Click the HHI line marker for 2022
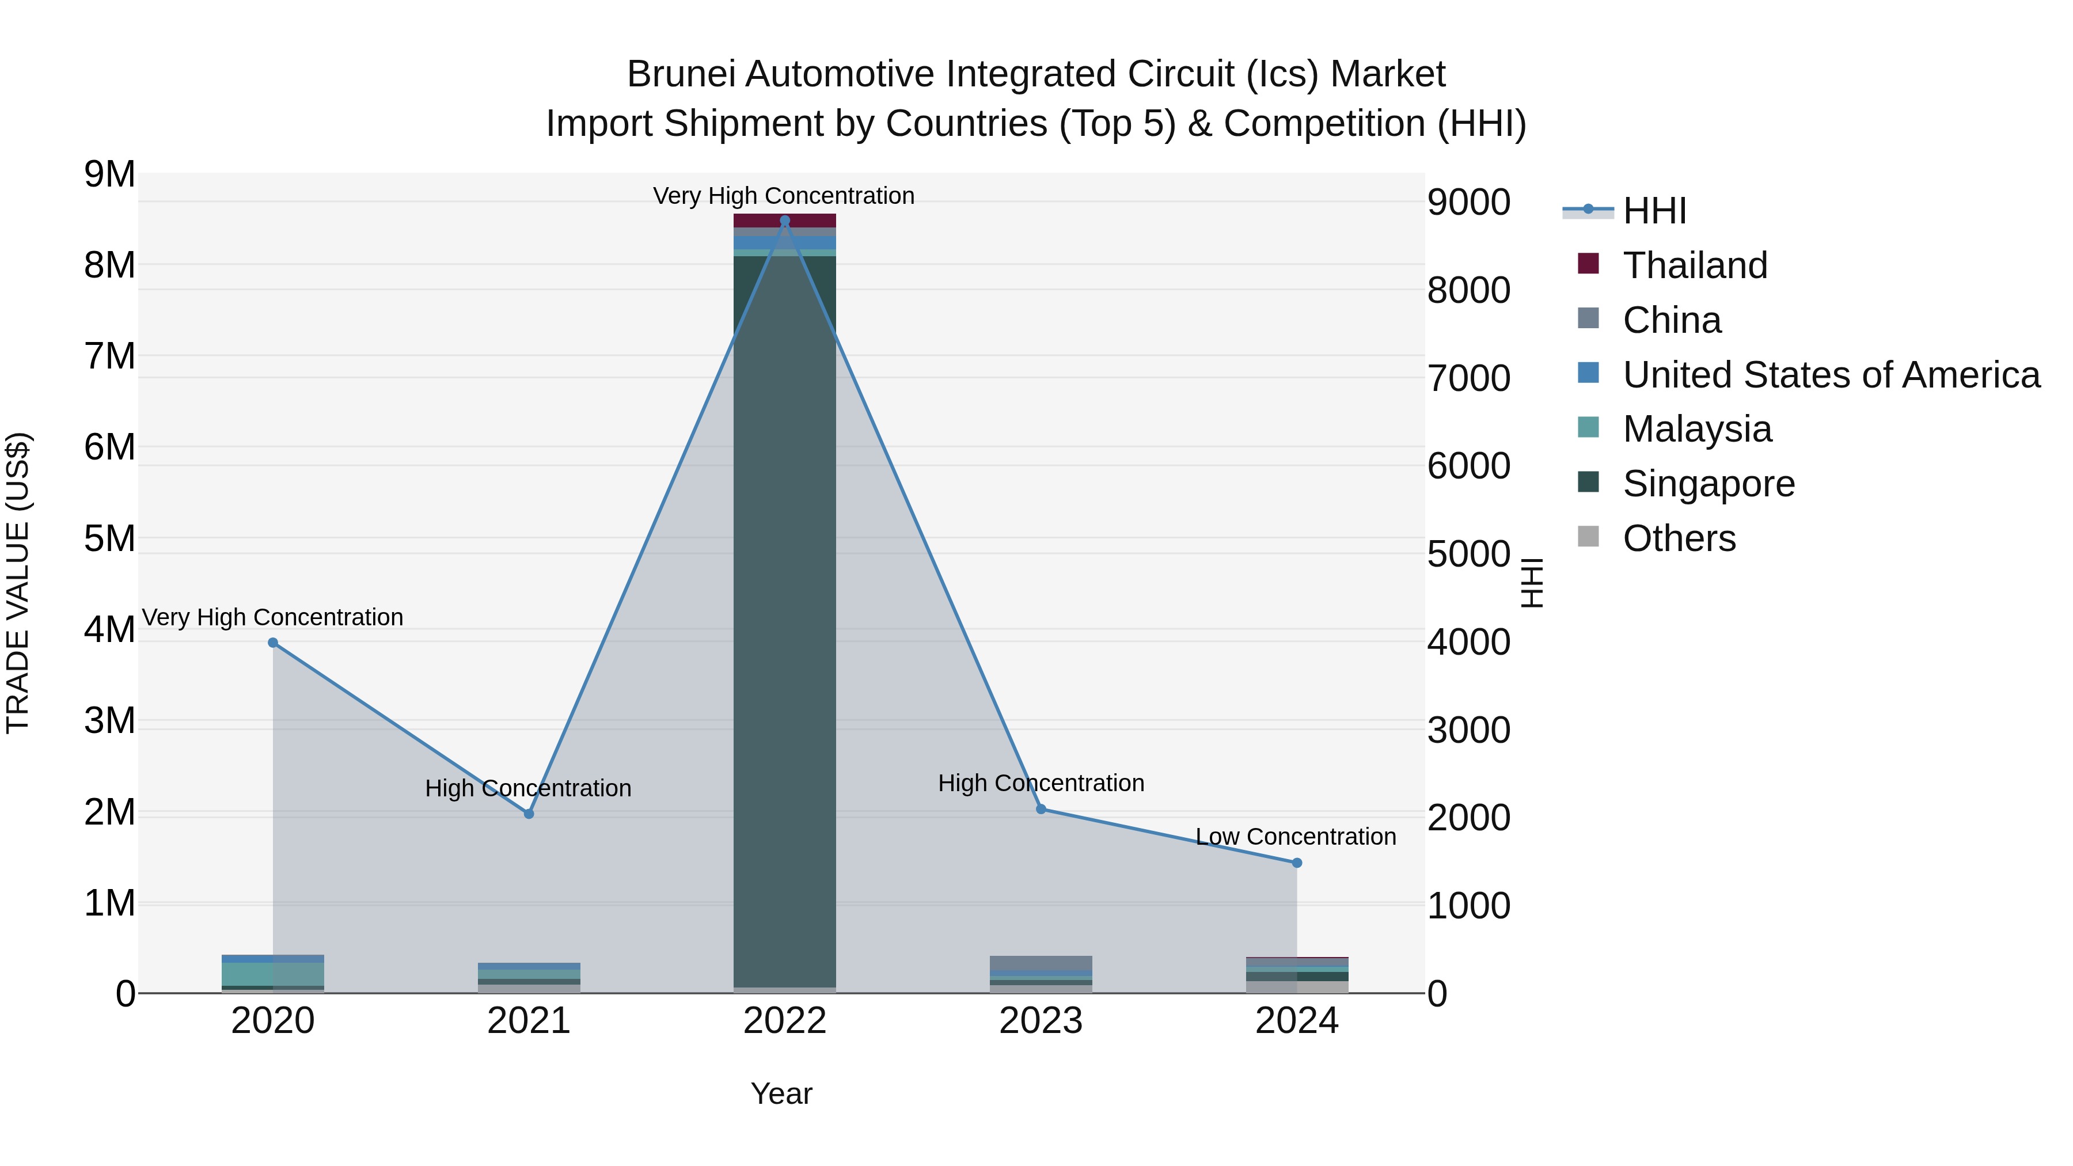tap(785, 221)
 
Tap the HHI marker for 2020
tap(273, 642)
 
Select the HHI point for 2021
tap(529, 814)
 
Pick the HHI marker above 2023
tap(1041, 809)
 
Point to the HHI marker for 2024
tap(1296, 863)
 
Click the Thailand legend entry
tap(1695, 265)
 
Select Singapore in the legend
tap(1708, 484)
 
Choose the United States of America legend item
tap(1831, 375)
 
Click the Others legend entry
tap(1679, 538)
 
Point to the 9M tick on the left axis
tap(110, 174)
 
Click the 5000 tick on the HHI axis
tap(1468, 554)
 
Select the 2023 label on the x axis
tap(1041, 1021)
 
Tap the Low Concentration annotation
tap(1296, 837)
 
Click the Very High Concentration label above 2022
tap(784, 196)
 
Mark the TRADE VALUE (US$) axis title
tap(18, 583)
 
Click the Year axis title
tap(781, 1093)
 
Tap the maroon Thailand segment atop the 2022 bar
tap(785, 221)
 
